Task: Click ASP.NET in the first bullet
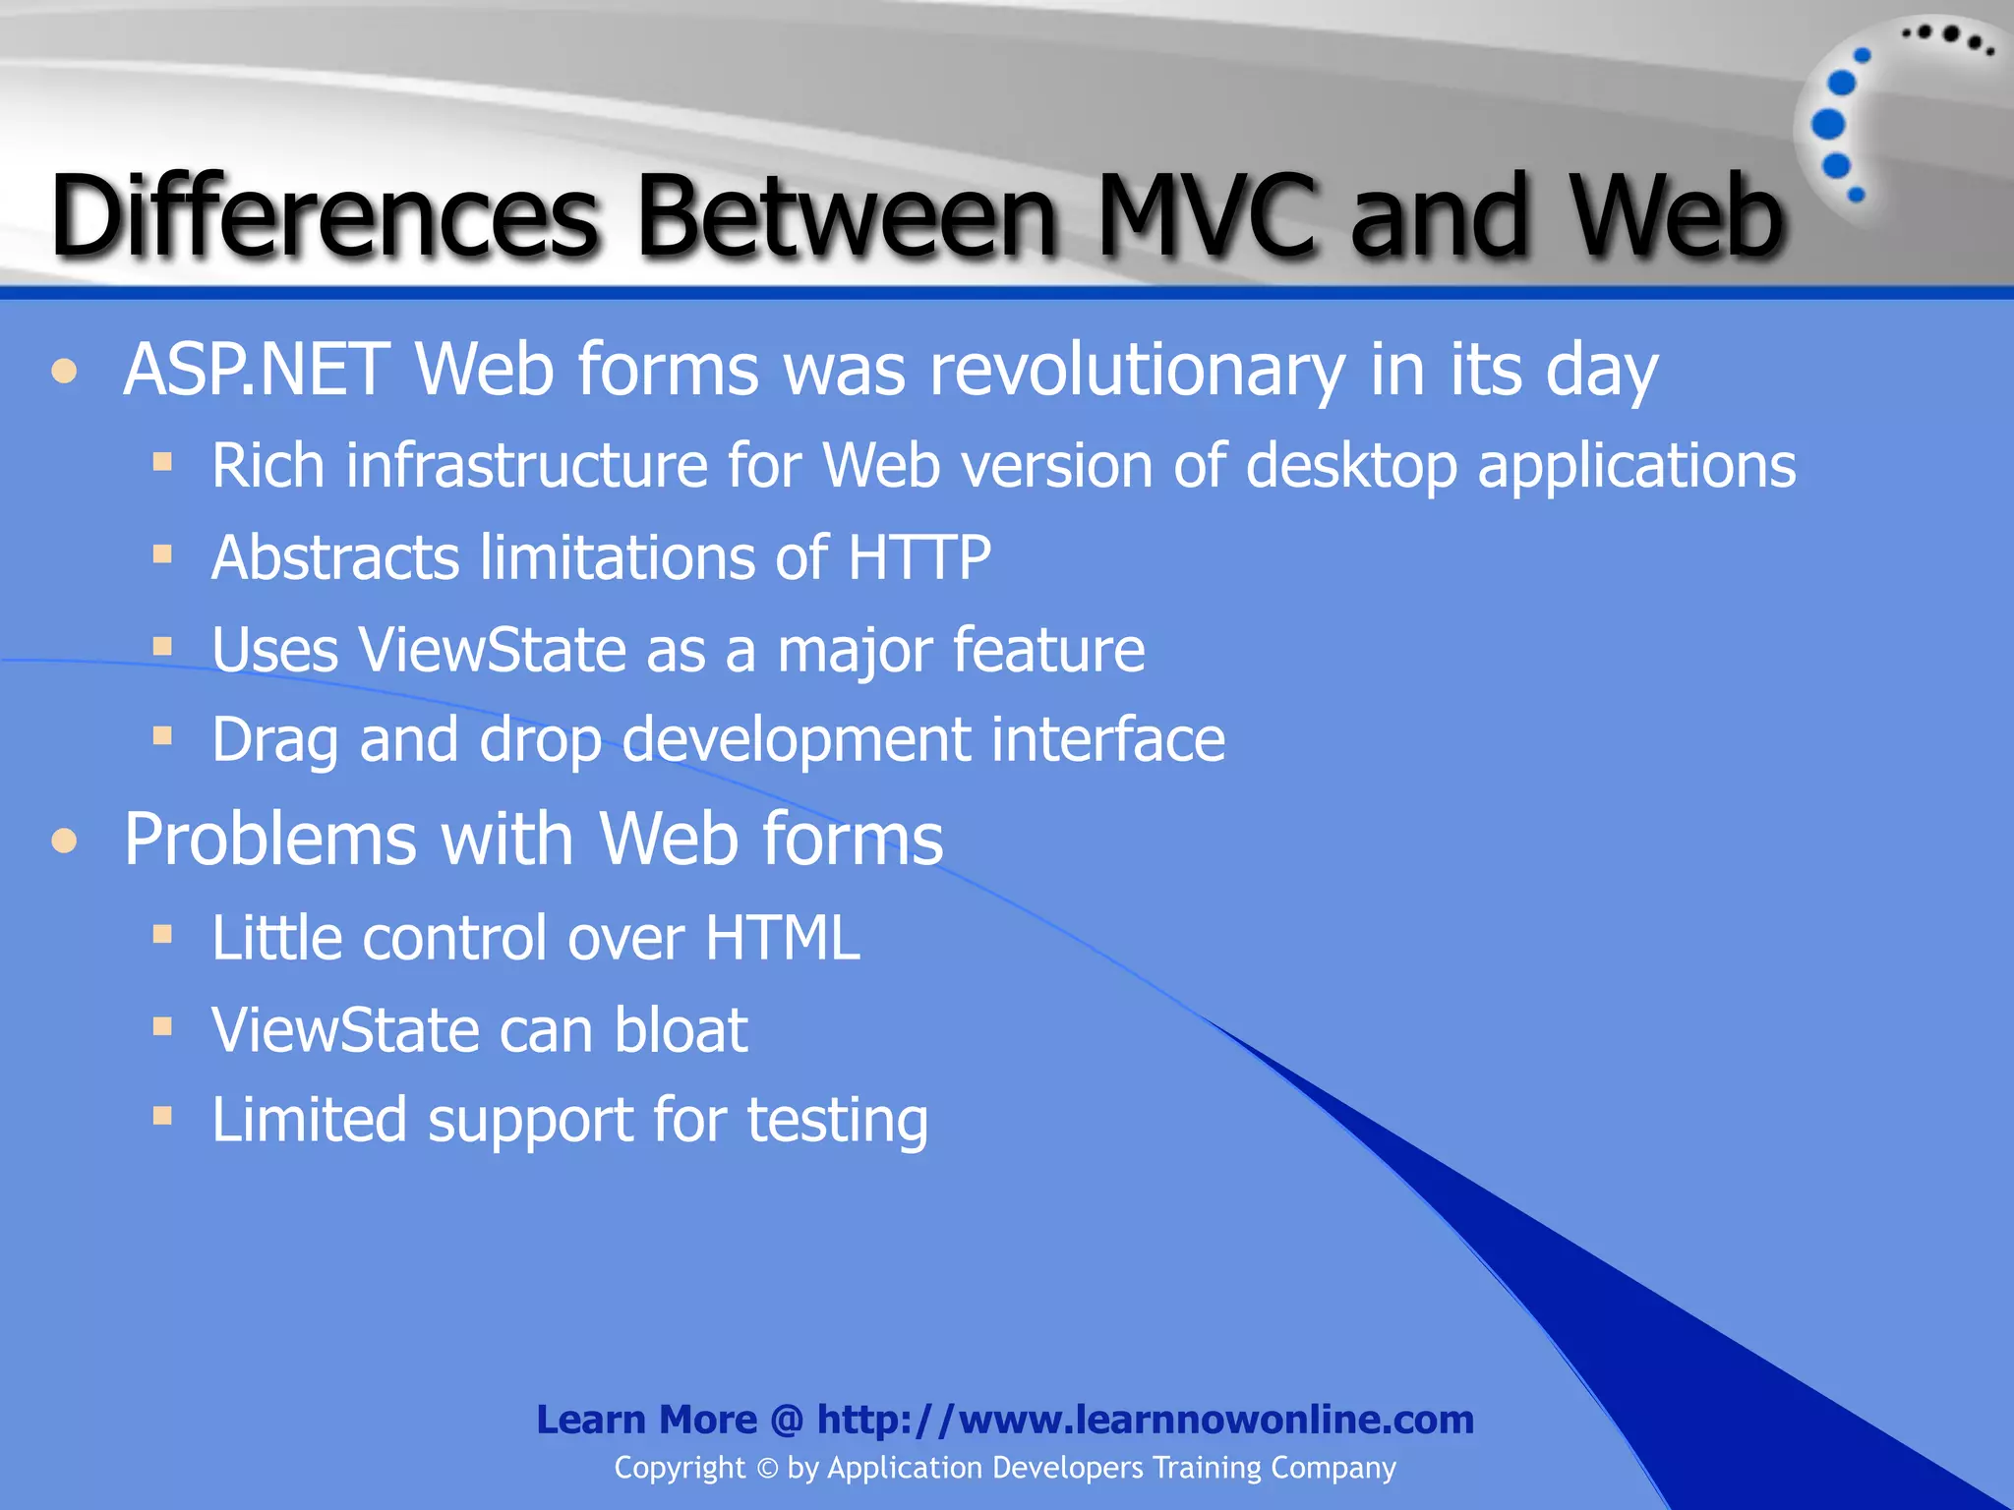pyautogui.click(x=256, y=371)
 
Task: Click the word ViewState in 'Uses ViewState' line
pyautogui.click(x=492, y=651)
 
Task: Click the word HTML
pyautogui.click(x=782, y=938)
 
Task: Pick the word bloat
pyautogui.click(x=681, y=1030)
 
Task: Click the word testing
pyautogui.click(x=837, y=1122)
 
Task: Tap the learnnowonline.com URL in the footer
pyautogui.click(x=1145, y=1420)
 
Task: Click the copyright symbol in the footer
pyautogui.click(x=767, y=1469)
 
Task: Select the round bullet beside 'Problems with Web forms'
pyautogui.click(x=65, y=841)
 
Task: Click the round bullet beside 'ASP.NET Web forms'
pyautogui.click(x=65, y=372)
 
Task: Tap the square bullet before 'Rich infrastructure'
pyautogui.click(x=162, y=461)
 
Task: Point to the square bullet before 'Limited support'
pyautogui.click(x=162, y=1116)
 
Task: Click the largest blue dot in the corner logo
pyautogui.click(x=1828, y=125)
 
